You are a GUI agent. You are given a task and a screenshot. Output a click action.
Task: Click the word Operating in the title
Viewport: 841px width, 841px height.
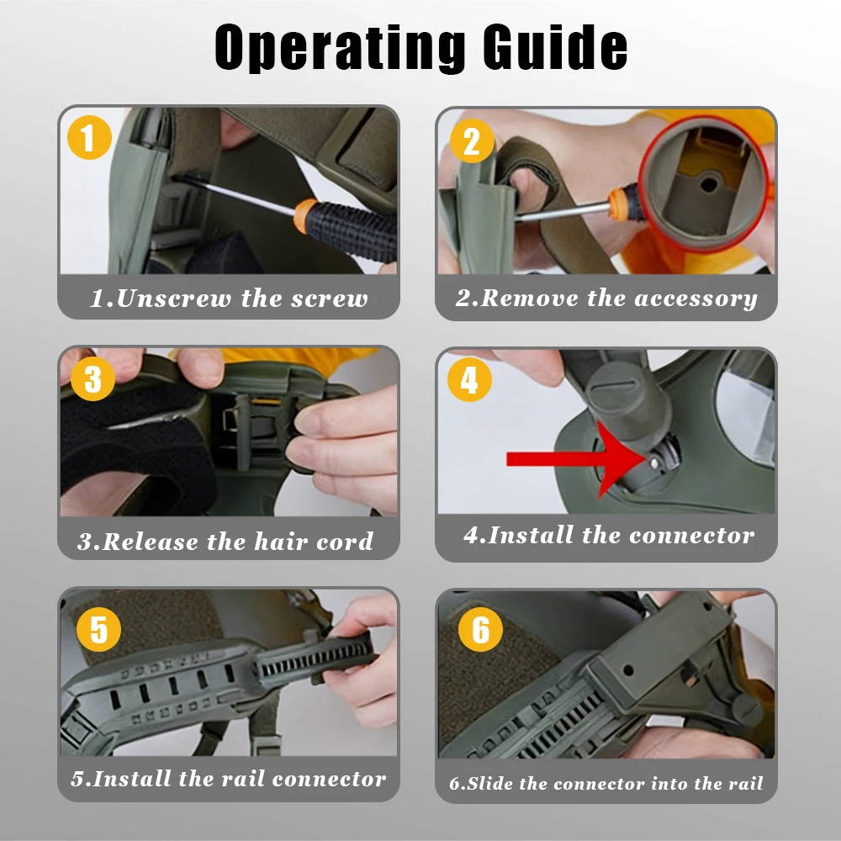point(340,47)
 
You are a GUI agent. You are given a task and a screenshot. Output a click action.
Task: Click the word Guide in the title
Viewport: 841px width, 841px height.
point(555,47)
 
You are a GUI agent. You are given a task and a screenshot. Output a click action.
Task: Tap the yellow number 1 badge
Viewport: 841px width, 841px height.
point(90,137)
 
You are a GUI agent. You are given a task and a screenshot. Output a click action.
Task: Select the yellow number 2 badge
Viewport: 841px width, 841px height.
point(472,141)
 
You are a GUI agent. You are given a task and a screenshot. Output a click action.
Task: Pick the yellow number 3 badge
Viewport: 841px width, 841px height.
point(93,378)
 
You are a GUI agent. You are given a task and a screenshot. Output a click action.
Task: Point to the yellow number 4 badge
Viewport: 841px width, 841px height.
point(469,380)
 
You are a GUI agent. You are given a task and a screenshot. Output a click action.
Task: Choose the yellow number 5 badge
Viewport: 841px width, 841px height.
point(98,629)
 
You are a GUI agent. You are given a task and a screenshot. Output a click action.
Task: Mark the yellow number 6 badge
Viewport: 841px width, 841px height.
point(480,629)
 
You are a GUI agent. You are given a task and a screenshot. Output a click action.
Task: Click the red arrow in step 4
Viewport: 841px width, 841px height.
point(576,459)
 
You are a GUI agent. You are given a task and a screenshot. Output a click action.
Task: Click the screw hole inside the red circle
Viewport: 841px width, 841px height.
point(709,185)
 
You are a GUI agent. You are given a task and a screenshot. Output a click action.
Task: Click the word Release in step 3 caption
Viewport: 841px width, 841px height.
point(151,541)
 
